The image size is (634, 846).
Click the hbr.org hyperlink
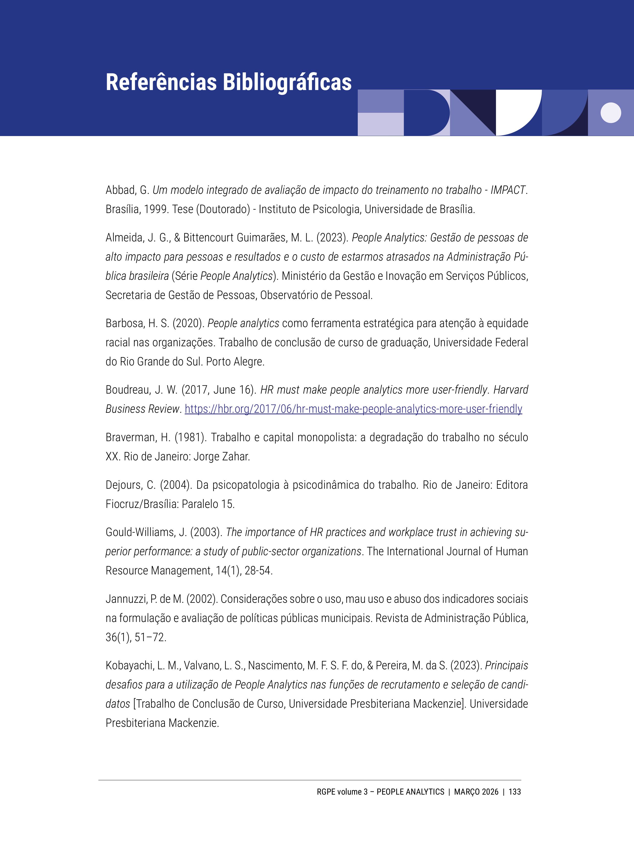[353, 409]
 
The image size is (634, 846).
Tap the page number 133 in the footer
[514, 792]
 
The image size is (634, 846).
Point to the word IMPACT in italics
[508, 190]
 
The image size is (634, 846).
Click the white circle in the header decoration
[611, 113]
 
